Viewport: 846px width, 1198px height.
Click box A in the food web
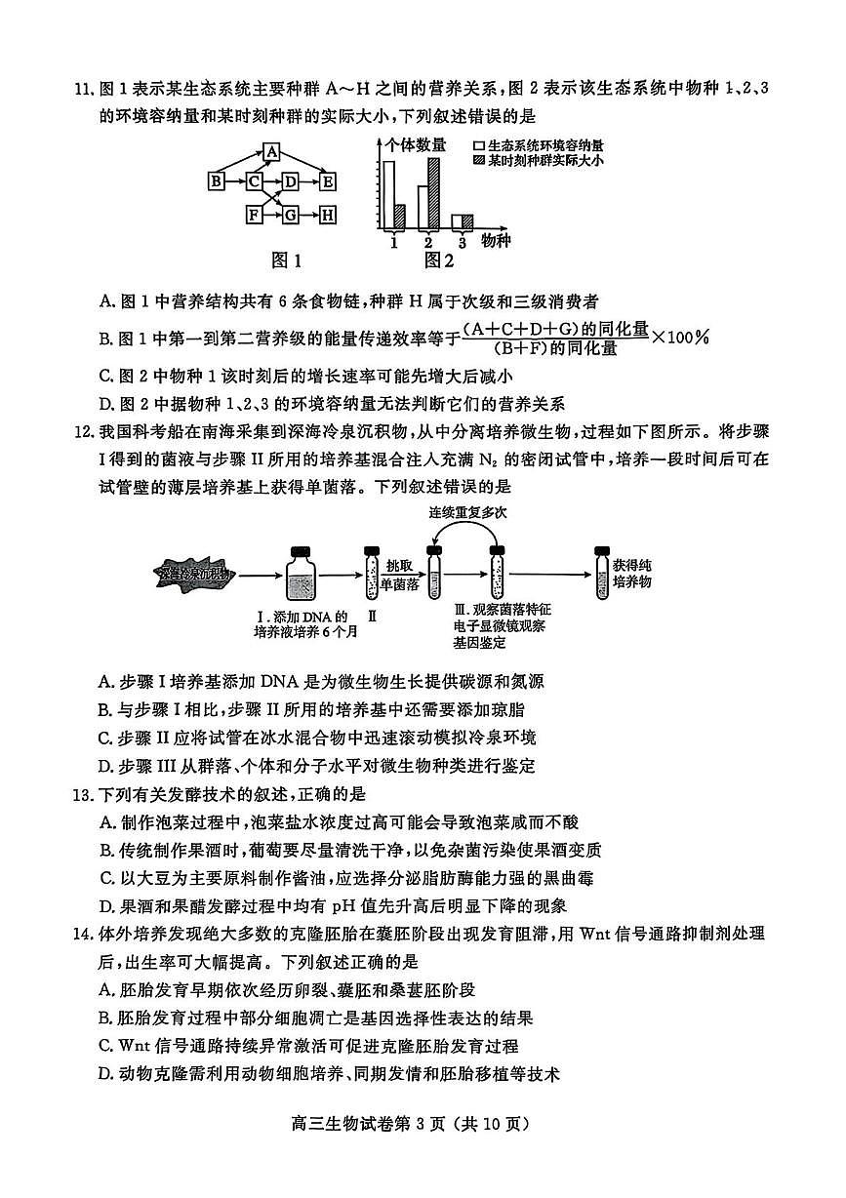click(x=272, y=152)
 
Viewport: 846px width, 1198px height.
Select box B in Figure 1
click(x=217, y=181)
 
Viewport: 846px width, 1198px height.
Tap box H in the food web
click(x=328, y=214)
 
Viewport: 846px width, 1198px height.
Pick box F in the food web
click(x=254, y=214)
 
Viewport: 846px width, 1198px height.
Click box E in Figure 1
click(x=328, y=181)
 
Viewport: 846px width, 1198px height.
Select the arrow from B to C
click(x=235, y=181)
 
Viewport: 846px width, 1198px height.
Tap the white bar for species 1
click(x=389, y=195)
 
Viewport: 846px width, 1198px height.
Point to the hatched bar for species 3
click(x=467, y=221)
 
